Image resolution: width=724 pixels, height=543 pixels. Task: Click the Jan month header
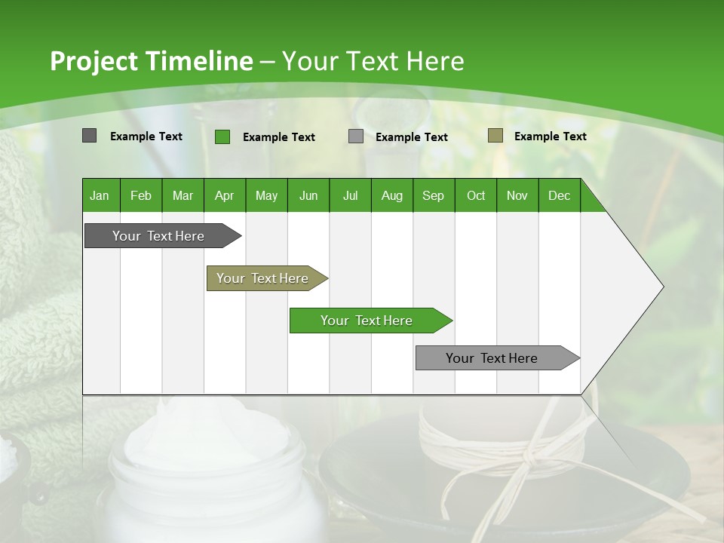(100, 195)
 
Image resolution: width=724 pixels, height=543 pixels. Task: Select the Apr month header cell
(225, 195)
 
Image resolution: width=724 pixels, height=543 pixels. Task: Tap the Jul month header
(350, 195)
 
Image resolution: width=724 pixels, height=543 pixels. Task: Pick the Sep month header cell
(433, 195)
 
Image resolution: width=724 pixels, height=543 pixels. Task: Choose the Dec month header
(559, 195)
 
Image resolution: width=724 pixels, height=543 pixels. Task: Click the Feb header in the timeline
(141, 195)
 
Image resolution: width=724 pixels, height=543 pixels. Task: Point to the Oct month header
(476, 195)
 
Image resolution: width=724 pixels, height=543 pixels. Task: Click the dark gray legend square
(89, 136)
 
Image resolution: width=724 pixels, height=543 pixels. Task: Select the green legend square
(222, 137)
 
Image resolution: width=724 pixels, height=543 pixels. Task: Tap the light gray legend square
(356, 137)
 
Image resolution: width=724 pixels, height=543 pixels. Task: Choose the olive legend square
(495, 136)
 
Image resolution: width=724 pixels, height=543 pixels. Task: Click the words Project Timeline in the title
(152, 61)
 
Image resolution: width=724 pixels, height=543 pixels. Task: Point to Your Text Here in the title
(373, 61)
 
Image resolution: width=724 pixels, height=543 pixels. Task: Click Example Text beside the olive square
(550, 137)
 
